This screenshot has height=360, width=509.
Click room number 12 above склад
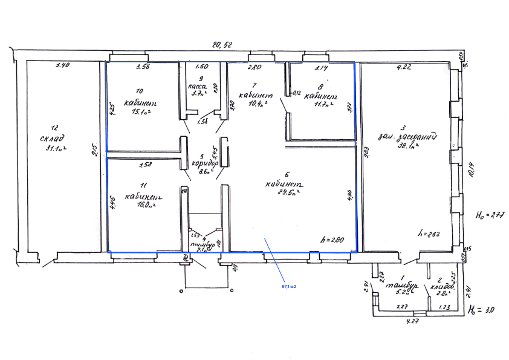point(54,128)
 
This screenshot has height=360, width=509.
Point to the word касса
point(198,86)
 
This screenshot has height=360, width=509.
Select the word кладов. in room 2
point(442,286)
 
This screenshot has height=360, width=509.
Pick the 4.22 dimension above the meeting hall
point(403,67)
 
